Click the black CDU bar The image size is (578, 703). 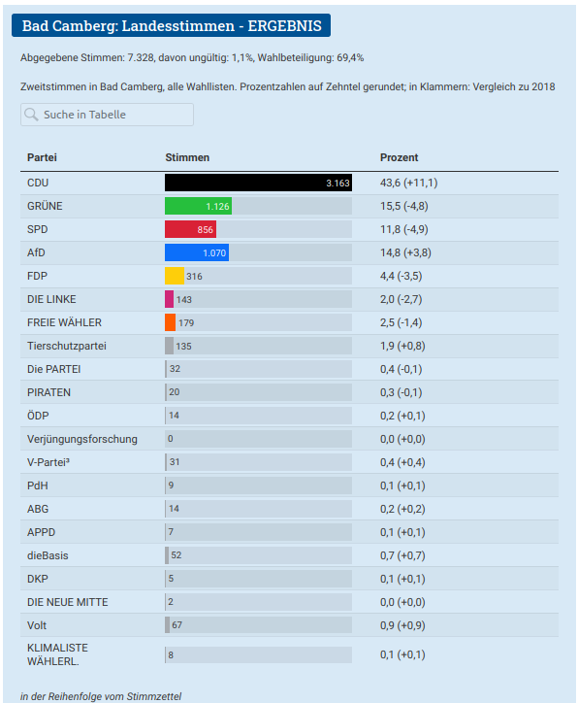(258, 183)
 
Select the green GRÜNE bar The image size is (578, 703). (199, 206)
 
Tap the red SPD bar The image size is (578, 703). (191, 229)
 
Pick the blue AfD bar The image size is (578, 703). (197, 252)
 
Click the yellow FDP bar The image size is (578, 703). (175, 276)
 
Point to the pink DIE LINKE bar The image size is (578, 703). (170, 299)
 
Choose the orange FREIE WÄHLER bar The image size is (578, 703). (170, 322)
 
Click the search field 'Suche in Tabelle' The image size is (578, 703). (107, 115)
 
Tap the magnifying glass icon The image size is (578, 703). (31, 115)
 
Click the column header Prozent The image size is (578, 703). (399, 158)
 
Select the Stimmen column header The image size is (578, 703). (187, 158)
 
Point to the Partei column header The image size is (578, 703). (42, 158)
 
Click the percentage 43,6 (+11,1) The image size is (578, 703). (408, 183)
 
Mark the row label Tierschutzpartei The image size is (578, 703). (67, 346)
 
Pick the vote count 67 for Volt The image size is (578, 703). (177, 625)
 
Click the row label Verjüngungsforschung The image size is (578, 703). (82, 439)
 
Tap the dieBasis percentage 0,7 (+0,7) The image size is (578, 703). (402, 556)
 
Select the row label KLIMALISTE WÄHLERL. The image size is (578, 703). (58, 654)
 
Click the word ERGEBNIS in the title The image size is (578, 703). (285, 26)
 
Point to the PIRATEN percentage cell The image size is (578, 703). (401, 392)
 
